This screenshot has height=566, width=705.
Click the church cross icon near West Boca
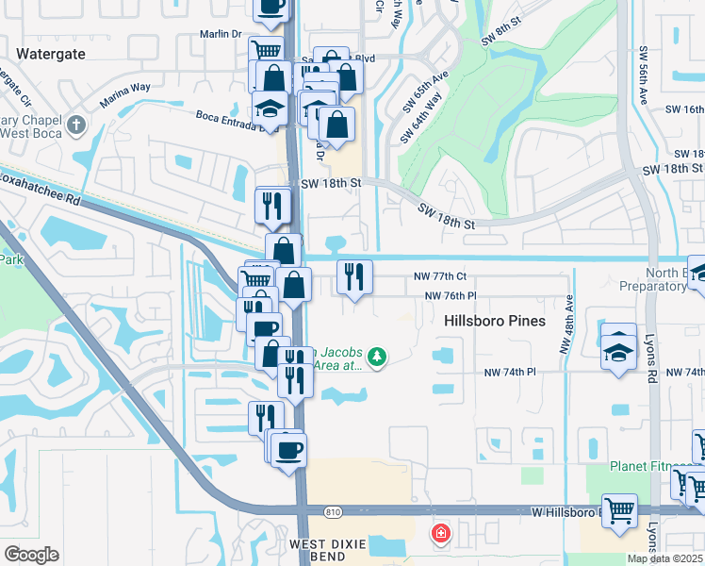tap(76, 125)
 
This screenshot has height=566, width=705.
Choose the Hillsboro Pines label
tap(494, 321)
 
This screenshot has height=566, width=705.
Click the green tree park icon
tap(377, 356)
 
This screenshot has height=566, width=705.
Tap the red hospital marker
tap(440, 535)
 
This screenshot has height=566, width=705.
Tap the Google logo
tap(31, 555)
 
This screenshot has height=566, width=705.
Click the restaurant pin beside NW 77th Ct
tap(354, 277)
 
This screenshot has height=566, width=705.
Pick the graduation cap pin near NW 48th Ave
tap(618, 350)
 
